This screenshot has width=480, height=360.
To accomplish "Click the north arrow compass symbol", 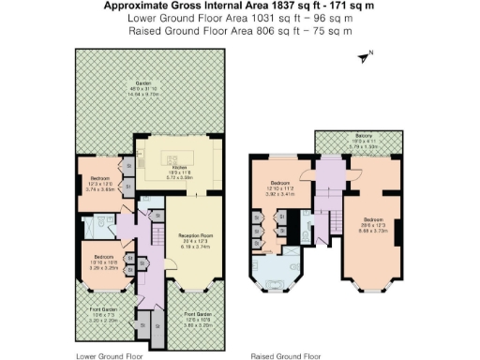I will (364, 57).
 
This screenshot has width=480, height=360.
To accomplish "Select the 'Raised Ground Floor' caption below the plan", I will (285, 355).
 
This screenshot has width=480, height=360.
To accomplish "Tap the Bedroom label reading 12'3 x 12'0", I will (99, 181).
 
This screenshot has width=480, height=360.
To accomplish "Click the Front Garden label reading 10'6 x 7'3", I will (100, 315).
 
